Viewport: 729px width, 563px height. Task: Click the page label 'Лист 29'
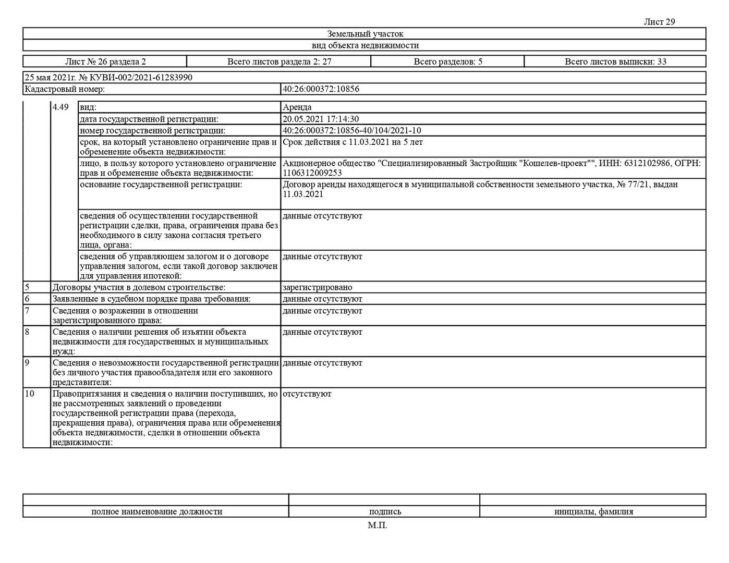659,22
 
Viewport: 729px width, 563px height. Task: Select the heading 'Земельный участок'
365,34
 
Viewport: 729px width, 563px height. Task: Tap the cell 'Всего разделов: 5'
447,62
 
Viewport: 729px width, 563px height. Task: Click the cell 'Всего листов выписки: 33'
615,62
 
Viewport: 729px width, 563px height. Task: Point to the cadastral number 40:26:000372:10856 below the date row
321,89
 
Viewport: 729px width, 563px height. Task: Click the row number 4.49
60,107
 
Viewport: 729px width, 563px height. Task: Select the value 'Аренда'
297,107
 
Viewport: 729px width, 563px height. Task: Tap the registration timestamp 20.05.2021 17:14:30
321,119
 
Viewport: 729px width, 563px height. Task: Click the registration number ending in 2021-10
351,131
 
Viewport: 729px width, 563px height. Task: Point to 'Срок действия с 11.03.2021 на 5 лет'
353,142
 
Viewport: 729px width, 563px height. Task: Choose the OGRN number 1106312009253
312,173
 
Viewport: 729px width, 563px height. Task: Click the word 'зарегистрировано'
317,288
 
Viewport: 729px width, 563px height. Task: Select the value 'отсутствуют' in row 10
307,394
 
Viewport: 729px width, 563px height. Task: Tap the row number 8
27,332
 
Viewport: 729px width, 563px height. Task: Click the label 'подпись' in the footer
385,512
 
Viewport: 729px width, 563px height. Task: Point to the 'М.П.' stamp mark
378,525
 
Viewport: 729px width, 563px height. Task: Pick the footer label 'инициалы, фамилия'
593,512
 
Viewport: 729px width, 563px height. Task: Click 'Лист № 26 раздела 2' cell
105,62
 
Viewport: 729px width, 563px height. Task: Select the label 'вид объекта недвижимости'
365,45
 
